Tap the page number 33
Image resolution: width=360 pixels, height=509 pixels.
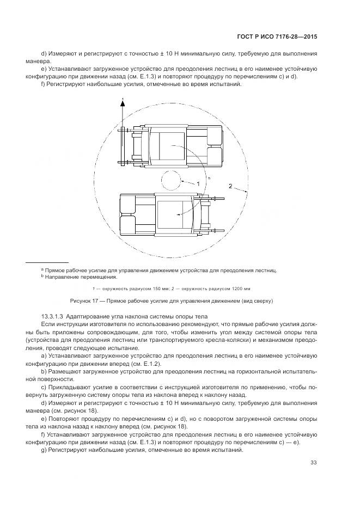point(314,463)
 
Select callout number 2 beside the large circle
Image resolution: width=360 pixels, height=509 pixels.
point(231,186)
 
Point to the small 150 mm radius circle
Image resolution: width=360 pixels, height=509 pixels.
point(170,180)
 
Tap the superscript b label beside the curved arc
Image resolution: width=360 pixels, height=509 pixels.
point(209,178)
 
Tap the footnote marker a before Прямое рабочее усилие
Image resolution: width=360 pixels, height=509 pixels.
point(42,269)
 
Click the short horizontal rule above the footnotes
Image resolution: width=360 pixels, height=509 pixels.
point(47,262)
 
